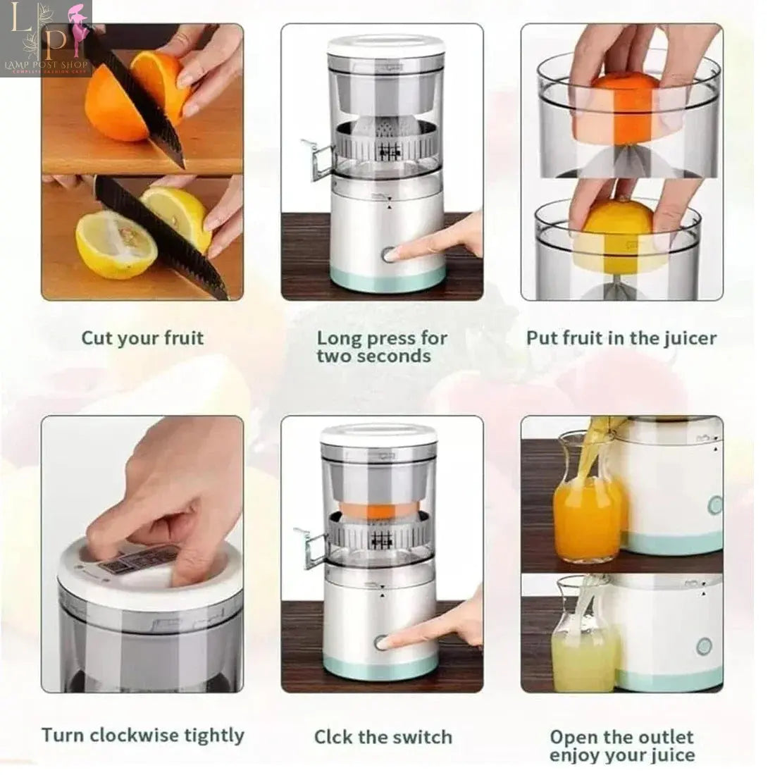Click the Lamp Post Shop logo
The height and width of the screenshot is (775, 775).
click(x=46, y=39)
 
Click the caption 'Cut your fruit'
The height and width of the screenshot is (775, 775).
click(x=142, y=338)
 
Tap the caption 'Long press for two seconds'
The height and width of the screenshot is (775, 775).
click(x=382, y=347)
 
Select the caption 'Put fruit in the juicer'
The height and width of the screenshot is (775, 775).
click(x=621, y=338)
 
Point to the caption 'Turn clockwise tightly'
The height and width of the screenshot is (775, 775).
click(x=142, y=736)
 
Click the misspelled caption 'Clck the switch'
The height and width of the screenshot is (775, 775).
click(x=383, y=738)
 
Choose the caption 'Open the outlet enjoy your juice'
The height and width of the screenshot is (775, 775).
click(x=621, y=746)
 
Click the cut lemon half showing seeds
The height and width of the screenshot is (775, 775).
click(x=116, y=244)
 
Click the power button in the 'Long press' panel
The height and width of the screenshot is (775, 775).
click(x=388, y=254)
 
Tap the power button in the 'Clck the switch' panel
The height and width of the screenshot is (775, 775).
click(x=381, y=643)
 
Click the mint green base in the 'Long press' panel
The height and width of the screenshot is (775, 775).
click(x=387, y=279)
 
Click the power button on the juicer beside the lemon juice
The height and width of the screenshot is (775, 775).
click(x=703, y=647)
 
